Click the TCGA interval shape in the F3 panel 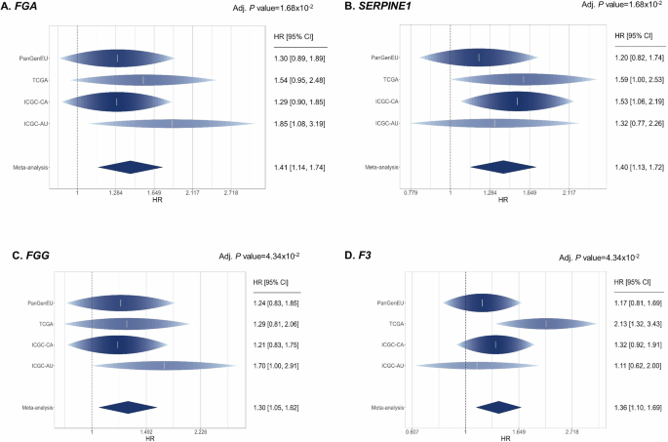click(546, 323)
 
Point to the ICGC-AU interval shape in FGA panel click(173, 123)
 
